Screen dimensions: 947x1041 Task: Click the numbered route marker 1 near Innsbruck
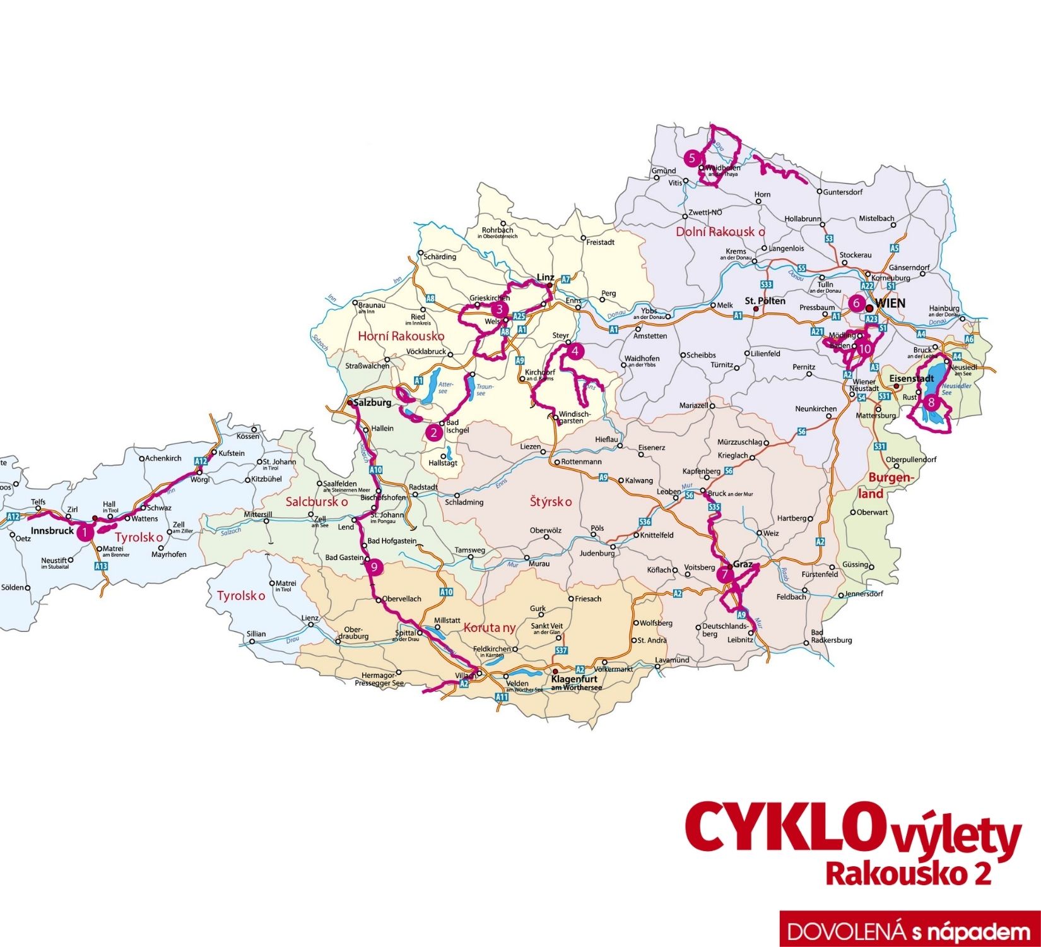85,533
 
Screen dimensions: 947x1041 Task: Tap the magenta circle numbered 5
692,158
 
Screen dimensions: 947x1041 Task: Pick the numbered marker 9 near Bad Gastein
373,567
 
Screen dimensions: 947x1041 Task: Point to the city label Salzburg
374,402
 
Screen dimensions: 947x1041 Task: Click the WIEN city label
890,304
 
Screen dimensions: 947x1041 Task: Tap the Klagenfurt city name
574,679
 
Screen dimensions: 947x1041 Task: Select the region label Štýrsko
551,502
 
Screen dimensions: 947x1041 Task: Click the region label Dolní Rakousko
720,232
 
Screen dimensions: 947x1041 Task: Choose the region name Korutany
490,628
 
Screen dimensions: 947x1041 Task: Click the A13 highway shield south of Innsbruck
101,566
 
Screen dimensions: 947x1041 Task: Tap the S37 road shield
561,650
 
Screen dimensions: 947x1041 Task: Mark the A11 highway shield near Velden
501,697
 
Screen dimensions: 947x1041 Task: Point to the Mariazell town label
694,405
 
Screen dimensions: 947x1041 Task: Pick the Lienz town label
310,618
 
